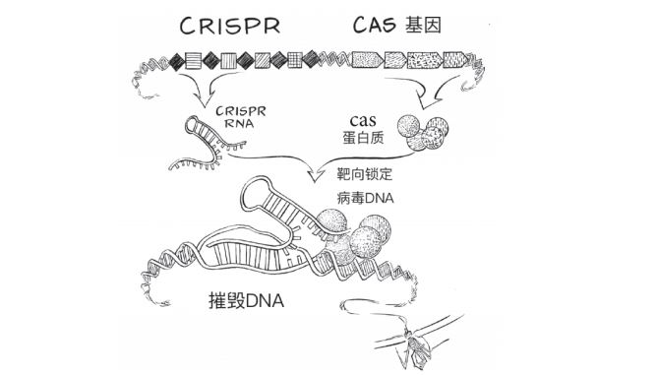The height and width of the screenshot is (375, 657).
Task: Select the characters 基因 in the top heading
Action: pyautogui.click(x=437, y=26)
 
